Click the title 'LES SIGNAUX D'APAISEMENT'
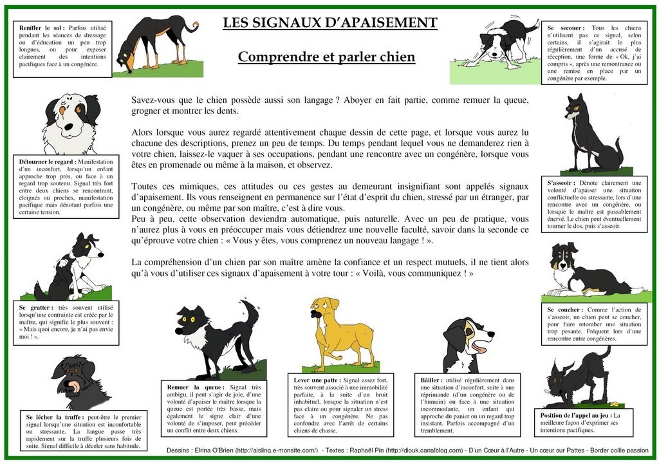pyautogui.click(x=329, y=24)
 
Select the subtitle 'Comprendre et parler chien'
pyautogui.click(x=326, y=57)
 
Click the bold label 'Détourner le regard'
pyautogui.click(x=47, y=162)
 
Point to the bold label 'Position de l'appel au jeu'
pyautogui.click(x=576, y=416)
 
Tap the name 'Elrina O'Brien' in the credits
pyautogui.click(x=214, y=451)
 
